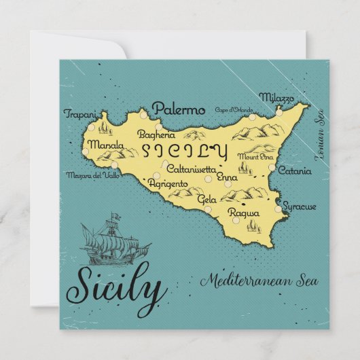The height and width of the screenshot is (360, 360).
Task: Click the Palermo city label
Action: click(x=179, y=109)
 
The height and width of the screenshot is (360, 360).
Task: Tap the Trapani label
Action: click(x=80, y=114)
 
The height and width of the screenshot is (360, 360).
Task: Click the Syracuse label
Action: click(x=300, y=205)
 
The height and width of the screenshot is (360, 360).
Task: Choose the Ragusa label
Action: click(x=244, y=213)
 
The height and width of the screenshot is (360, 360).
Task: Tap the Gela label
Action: click(x=206, y=200)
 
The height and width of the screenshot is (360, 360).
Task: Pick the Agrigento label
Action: click(x=168, y=183)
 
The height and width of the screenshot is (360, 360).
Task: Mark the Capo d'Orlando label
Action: click(x=233, y=110)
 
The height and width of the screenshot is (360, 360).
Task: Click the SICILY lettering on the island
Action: click(x=183, y=149)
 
